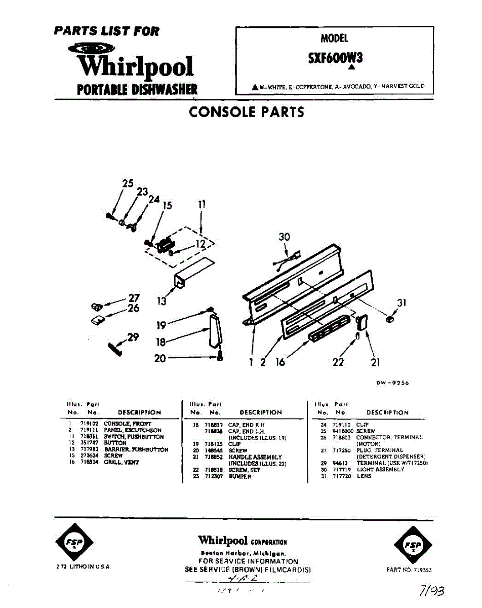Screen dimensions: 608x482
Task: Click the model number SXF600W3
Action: pyautogui.click(x=335, y=58)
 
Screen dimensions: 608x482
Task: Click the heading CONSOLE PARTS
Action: pyautogui.click(x=247, y=112)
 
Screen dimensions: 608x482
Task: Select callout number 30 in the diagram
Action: pyautogui.click(x=284, y=237)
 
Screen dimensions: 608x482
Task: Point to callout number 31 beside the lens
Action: pyautogui.click(x=401, y=303)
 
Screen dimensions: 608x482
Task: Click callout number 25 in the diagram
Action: pyautogui.click(x=128, y=183)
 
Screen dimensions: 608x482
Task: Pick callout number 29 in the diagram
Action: pyautogui.click(x=133, y=337)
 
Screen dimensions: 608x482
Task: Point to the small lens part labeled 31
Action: pyautogui.click(x=389, y=319)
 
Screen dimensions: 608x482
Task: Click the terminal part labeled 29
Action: pyautogui.click(x=115, y=349)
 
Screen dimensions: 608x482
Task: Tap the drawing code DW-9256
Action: pyautogui.click(x=392, y=383)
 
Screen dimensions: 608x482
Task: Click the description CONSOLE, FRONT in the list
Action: pyautogui.click(x=127, y=424)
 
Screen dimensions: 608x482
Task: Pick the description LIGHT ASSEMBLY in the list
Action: pyautogui.click(x=380, y=470)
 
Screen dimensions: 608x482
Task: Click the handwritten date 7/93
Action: pyautogui.click(x=430, y=590)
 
